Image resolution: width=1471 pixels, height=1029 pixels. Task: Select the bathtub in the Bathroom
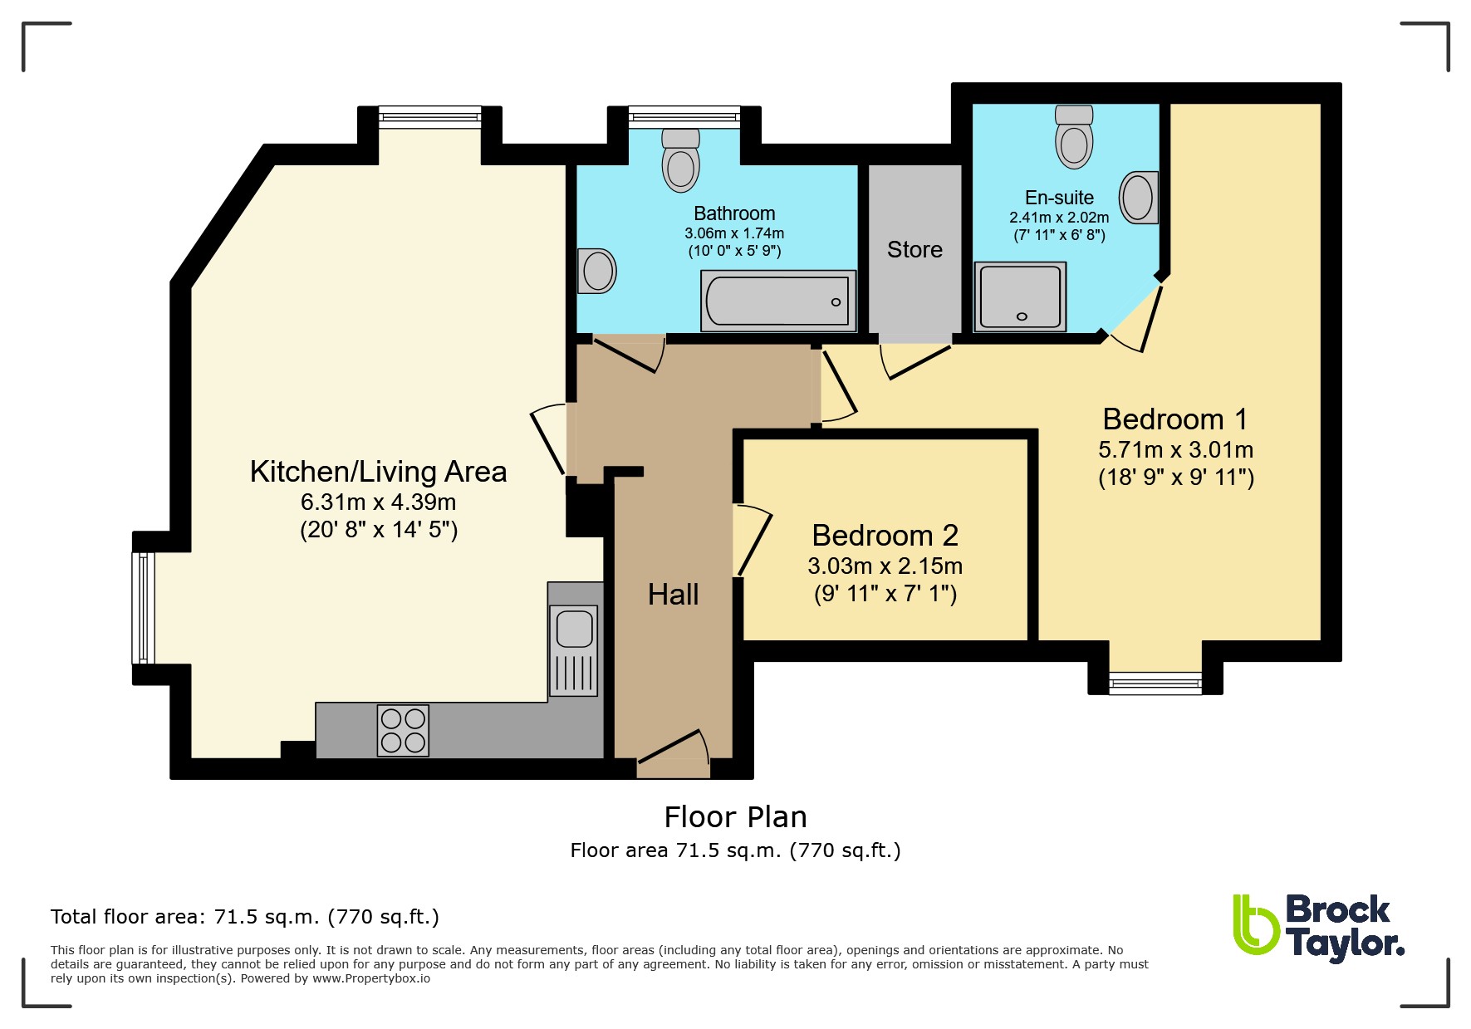point(778,301)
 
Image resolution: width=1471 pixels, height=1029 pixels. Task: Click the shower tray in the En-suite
point(1020,296)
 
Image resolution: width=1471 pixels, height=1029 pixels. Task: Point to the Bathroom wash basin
point(597,270)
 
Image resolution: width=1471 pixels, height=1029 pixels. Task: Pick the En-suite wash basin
point(1139,198)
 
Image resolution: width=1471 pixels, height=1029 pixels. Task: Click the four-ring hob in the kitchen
point(403,730)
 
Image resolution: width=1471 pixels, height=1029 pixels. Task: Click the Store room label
point(914,249)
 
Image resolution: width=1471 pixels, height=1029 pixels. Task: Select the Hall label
point(673,595)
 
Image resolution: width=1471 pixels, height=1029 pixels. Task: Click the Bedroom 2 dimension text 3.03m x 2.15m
point(885,566)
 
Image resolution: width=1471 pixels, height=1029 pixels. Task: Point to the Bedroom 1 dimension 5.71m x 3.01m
point(1175,450)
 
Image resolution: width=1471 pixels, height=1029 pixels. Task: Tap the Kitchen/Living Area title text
point(378,472)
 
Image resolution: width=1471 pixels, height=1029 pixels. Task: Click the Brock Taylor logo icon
point(1256,924)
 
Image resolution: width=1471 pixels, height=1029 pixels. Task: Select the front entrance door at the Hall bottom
point(674,752)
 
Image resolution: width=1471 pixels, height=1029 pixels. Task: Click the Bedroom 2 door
point(753,540)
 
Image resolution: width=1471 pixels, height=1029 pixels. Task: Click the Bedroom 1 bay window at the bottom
point(1155,684)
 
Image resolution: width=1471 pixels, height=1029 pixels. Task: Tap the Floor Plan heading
point(735,817)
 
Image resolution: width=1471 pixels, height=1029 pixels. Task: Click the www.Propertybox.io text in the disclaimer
point(371,978)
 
